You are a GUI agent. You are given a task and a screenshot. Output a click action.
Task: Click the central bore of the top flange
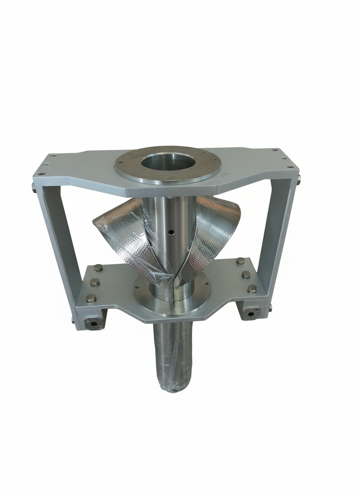[x=168, y=162]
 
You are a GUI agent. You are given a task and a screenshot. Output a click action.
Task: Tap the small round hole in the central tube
[x=170, y=232]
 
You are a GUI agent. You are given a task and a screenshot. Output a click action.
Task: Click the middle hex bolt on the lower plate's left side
[x=95, y=282]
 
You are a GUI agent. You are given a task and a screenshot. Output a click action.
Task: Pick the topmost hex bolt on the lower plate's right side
[x=240, y=261]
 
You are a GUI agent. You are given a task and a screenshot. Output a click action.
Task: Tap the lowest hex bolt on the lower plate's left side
[x=90, y=298]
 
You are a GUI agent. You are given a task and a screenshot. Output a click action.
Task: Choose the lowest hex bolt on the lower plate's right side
[x=252, y=289]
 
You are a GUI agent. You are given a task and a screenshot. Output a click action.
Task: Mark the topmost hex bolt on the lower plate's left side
[x=98, y=268]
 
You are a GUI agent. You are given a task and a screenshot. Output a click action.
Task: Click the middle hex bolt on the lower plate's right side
[x=246, y=274]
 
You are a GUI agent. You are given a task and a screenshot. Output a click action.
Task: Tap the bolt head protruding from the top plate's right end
[x=299, y=180]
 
